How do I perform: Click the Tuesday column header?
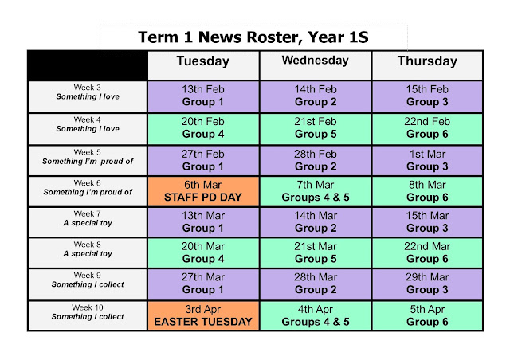coord(203,65)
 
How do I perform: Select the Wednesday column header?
coord(316,65)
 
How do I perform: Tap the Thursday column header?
coord(427,65)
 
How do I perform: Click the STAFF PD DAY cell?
coord(203,191)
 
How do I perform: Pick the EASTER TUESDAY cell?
coord(203,315)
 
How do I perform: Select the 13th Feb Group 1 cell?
coord(203,96)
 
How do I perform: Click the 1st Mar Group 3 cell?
coord(427,160)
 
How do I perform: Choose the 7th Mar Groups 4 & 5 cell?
coord(316,191)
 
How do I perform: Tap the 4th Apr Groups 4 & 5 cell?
coord(316,315)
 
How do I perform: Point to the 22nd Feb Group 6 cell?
coord(427,128)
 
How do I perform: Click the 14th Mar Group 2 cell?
coord(316,222)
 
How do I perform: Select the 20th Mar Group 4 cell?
coord(203,252)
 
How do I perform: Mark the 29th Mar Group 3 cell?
coord(427,284)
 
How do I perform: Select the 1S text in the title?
coord(359,37)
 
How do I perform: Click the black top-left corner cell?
coord(88,65)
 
